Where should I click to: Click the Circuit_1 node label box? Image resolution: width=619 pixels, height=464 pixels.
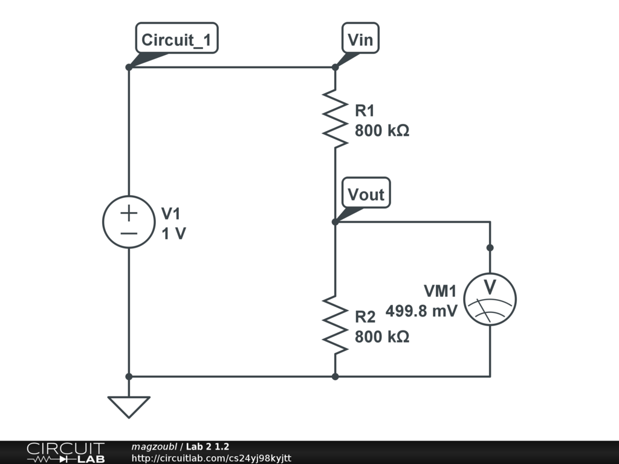click(177, 40)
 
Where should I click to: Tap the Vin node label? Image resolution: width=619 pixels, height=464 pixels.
click(361, 40)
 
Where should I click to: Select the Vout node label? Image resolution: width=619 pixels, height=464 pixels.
click(366, 194)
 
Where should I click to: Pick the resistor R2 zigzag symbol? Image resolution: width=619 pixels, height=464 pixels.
click(335, 324)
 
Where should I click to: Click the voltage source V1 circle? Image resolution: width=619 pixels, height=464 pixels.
click(129, 222)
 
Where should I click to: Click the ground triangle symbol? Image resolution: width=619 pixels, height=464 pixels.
click(129, 406)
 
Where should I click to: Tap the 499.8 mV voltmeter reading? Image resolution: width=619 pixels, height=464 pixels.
click(421, 311)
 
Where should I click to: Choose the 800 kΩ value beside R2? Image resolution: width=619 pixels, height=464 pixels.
click(382, 337)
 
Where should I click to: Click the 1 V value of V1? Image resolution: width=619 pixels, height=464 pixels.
click(174, 234)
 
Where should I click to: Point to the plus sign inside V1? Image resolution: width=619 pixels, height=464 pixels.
click(129, 213)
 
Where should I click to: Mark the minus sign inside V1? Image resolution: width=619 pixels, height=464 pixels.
click(129, 233)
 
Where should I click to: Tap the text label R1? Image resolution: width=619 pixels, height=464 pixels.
click(365, 111)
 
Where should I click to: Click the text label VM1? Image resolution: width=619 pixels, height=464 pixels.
click(439, 291)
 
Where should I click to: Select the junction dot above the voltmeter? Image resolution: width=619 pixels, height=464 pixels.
click(490, 248)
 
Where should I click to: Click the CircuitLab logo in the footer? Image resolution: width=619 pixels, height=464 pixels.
click(65, 453)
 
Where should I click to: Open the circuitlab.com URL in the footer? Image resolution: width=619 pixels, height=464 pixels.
click(211, 459)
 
